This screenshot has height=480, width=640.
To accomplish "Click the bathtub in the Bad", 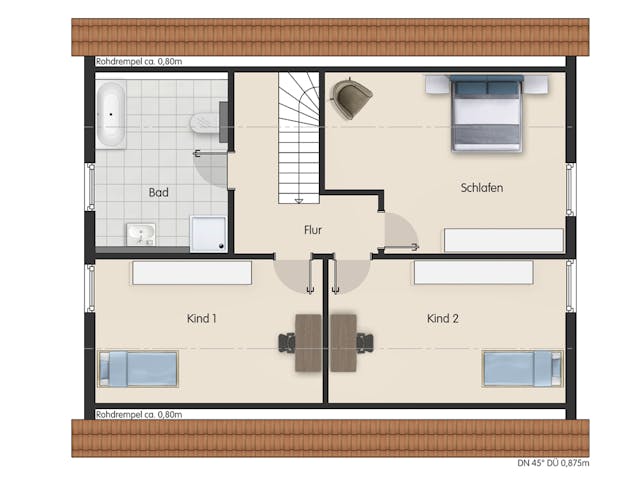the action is pyautogui.click(x=111, y=114).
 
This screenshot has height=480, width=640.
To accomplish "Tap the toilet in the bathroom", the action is pyautogui.click(x=205, y=123).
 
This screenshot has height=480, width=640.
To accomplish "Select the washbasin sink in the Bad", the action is pyautogui.click(x=141, y=234).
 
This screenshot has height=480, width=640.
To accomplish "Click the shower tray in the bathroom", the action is pyautogui.click(x=209, y=233).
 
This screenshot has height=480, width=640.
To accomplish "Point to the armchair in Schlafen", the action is pyautogui.click(x=351, y=98).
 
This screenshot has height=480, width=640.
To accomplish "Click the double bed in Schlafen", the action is pyautogui.click(x=487, y=113).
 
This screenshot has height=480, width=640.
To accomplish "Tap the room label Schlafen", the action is pyautogui.click(x=482, y=188).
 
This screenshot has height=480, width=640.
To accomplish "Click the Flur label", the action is pyautogui.click(x=313, y=230).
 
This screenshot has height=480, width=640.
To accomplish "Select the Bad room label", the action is pyautogui.click(x=158, y=192).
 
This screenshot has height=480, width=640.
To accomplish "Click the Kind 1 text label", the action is pyautogui.click(x=202, y=318).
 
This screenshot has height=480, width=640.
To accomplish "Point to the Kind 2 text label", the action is pyautogui.click(x=443, y=318).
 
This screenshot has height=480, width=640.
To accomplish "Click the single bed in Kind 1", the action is pyautogui.click(x=138, y=369).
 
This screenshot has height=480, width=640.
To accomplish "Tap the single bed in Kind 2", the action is pyautogui.click(x=522, y=369).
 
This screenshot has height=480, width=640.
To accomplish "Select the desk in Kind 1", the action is pyautogui.click(x=308, y=343).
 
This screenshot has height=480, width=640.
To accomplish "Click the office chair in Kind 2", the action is pyautogui.click(x=365, y=343).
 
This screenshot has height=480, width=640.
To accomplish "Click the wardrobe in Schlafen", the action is pyautogui.click(x=504, y=240).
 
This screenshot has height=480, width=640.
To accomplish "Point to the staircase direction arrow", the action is pyautogui.click(x=299, y=200).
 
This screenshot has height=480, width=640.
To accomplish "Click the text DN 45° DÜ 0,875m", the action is pyautogui.click(x=553, y=463).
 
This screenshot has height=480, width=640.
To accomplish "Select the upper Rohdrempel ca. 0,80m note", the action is pyautogui.click(x=139, y=62).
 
